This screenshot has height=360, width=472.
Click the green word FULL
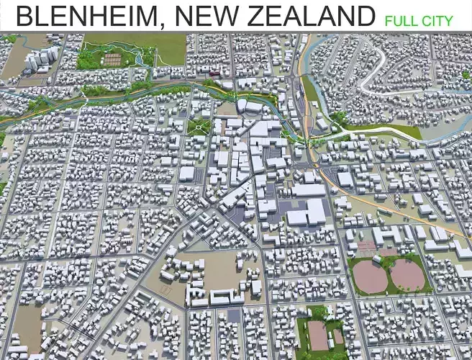(x=401, y=20)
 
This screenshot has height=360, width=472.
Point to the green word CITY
(x=438, y=20)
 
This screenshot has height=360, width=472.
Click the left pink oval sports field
(x=368, y=274)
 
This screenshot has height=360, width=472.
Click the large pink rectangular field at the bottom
(x=318, y=336)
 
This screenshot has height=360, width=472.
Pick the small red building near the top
(x=213, y=72)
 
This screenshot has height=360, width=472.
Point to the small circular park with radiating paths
(x=198, y=127)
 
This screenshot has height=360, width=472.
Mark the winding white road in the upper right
(x=403, y=79)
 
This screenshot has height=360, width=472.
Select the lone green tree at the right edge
(x=466, y=75)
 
